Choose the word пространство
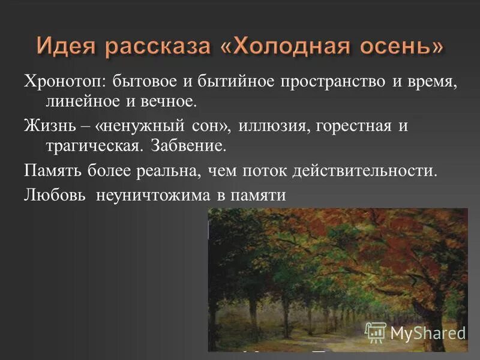coord(328,82)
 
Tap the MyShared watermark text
coord(428,332)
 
